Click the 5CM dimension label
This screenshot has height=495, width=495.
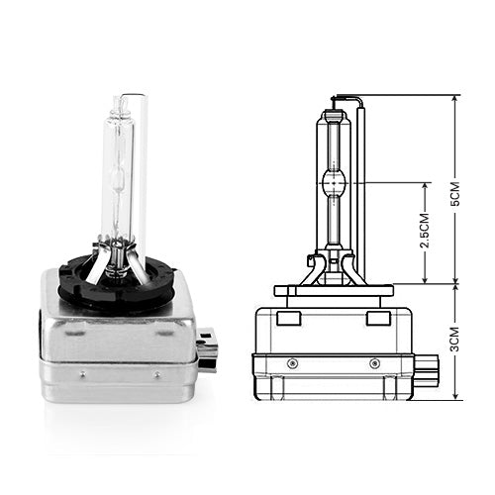point(455,194)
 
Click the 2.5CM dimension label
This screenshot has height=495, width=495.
point(425,230)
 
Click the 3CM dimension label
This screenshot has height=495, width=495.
point(455,340)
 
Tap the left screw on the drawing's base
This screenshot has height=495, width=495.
point(292,363)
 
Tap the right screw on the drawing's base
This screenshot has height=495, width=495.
point(374,363)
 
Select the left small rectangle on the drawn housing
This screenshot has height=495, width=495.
point(289,318)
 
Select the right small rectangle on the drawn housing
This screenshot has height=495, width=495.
point(378,318)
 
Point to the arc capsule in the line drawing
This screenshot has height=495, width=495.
point(334,182)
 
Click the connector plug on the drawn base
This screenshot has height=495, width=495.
point(426,371)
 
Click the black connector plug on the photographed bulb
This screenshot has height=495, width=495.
point(207,349)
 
